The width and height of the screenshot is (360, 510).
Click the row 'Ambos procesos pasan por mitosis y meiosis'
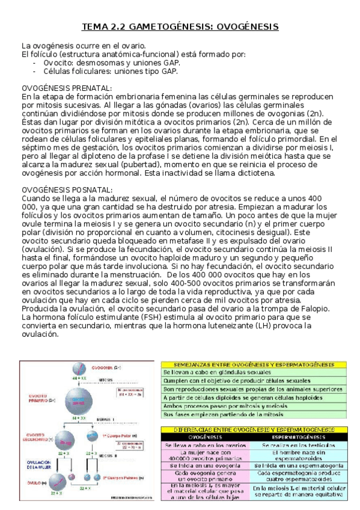click(224, 407)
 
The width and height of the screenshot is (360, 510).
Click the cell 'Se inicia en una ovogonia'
click(206, 465)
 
